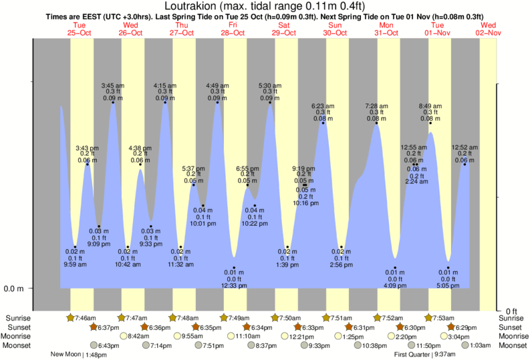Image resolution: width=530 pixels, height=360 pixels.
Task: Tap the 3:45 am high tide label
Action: click(x=112, y=85)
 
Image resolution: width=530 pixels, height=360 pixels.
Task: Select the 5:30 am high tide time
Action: click(x=269, y=85)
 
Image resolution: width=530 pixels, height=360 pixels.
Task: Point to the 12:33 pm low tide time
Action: click(x=234, y=286)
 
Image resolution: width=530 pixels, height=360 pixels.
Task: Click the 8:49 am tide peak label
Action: click(x=430, y=106)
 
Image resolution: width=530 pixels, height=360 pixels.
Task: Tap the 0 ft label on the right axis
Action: click(x=511, y=311)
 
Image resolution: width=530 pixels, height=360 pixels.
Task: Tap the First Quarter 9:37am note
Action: click(x=434, y=355)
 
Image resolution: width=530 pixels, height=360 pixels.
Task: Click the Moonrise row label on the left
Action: click(x=19, y=336)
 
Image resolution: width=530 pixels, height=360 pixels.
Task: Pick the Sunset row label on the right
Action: click(x=511, y=327)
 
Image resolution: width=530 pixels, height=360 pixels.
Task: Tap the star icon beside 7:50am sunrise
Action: click(x=275, y=318)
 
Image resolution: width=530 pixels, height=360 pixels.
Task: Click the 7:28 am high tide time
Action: click(x=377, y=106)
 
